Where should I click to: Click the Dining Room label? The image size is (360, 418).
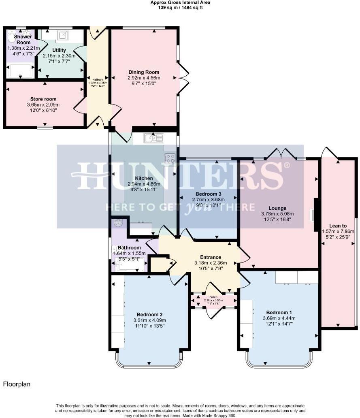coord(144,72)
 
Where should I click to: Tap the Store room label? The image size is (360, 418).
coord(43,99)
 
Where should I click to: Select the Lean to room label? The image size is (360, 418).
coord(338,226)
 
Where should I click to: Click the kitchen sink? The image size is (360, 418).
coord(153,139)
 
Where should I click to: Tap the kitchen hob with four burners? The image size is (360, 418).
coord(170,158)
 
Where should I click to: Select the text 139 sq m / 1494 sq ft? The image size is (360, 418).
coord(180,7)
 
